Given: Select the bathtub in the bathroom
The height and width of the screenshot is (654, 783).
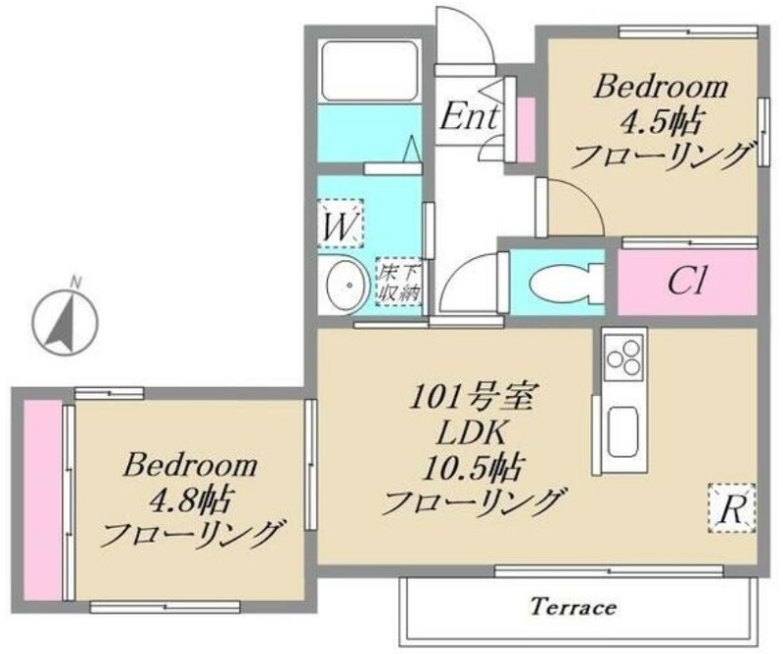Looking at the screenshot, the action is click(x=370, y=70).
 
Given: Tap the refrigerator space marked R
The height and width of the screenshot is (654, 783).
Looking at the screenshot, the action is click(x=731, y=507).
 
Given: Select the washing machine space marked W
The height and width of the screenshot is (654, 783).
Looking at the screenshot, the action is click(x=341, y=224).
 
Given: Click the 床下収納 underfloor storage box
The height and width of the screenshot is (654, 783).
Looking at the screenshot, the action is click(x=399, y=282).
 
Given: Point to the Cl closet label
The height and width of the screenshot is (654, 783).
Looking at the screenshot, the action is click(x=687, y=283).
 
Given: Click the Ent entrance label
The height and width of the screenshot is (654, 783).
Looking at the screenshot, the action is click(x=470, y=116).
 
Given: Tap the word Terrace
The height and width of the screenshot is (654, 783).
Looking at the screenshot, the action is click(x=574, y=607).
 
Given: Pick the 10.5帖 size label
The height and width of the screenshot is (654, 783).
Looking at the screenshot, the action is click(x=473, y=469).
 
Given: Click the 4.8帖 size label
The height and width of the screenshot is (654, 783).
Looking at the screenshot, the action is click(x=190, y=501).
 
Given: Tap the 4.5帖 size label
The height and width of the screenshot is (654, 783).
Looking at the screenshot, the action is click(x=660, y=123).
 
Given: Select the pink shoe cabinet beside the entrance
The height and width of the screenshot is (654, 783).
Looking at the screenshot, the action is click(x=526, y=130).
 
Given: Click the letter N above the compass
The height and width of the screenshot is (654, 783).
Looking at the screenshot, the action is click(x=75, y=282).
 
